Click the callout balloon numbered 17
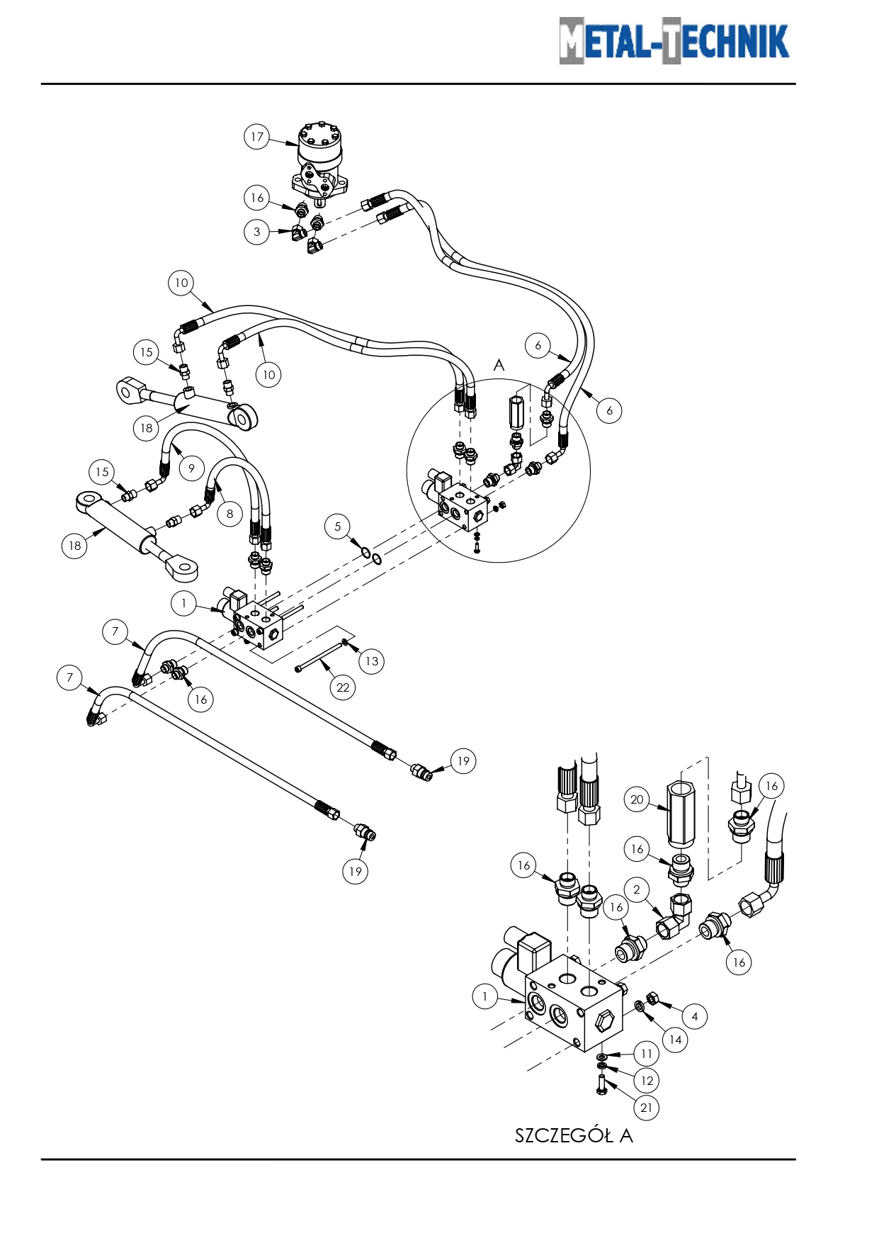[257, 137]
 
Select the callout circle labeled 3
[256, 232]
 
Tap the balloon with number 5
[338, 527]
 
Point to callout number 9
[191, 468]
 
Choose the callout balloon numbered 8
[229, 514]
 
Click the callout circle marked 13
[372, 661]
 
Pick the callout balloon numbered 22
[343, 687]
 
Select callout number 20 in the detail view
[637, 799]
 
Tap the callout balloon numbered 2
[637, 890]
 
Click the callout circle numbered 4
[695, 1017]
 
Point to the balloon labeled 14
[675, 1040]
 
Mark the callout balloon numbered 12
[647, 1081]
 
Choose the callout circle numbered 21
[646, 1108]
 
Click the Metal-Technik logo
[674, 40]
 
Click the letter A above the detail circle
[499, 365]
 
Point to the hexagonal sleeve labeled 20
[681, 812]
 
